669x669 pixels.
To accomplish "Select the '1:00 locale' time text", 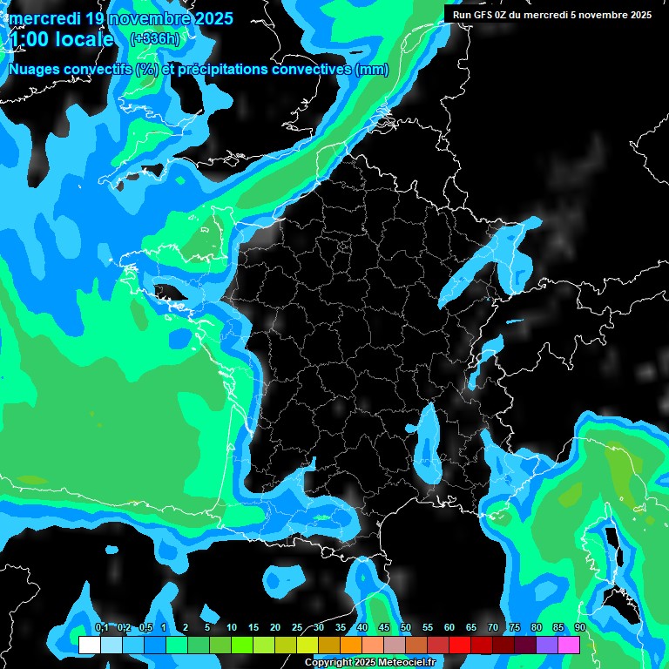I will click(x=61, y=39).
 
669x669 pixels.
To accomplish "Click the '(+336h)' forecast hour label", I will click(x=155, y=38).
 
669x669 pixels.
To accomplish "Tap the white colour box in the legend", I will click(x=89, y=645).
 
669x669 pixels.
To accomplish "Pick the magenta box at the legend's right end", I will click(x=569, y=645).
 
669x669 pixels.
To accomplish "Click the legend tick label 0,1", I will click(x=101, y=627).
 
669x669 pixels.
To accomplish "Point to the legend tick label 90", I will click(x=580, y=627).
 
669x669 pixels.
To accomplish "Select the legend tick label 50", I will click(x=406, y=627).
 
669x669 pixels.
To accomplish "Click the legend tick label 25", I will click(x=297, y=627).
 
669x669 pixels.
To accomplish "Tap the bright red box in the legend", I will click(x=460, y=645).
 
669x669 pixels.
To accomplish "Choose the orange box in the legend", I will click(x=351, y=645).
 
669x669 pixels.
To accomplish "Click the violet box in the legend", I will click(x=547, y=645).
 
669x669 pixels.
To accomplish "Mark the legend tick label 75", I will click(x=515, y=627).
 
